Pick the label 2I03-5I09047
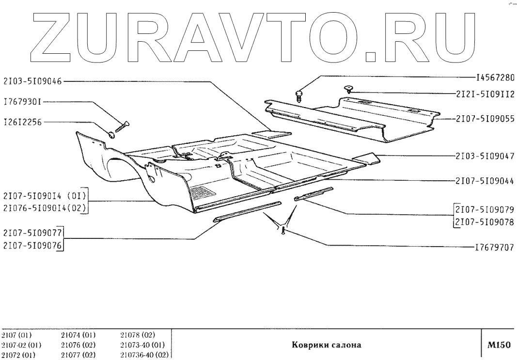tap(485, 157)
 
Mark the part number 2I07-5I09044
tap(485, 181)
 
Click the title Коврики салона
tap(326, 345)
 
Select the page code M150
tap(499, 345)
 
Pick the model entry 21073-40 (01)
tap(142, 345)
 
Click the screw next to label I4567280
tap(299, 94)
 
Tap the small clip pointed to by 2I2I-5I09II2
tap(348, 88)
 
